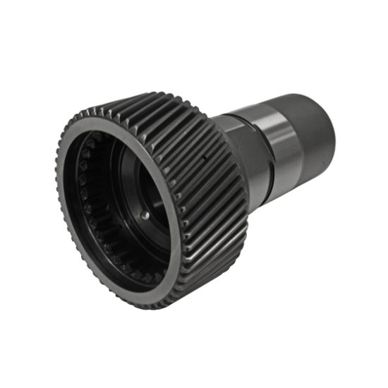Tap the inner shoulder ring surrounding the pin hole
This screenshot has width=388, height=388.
[152, 219]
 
